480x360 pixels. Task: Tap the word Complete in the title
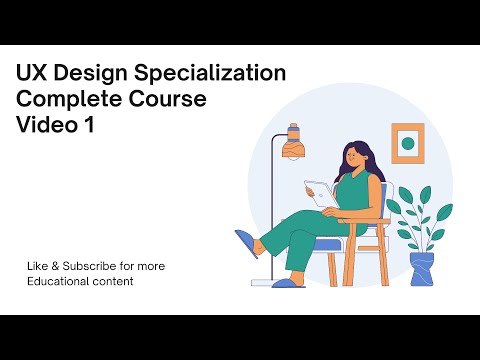(x=66, y=100)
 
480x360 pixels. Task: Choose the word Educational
(x=56, y=281)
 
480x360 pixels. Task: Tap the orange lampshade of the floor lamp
(x=294, y=147)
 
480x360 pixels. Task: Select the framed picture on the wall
(x=407, y=145)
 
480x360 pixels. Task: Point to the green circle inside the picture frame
(x=407, y=145)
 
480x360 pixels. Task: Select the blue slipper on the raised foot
(x=245, y=244)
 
